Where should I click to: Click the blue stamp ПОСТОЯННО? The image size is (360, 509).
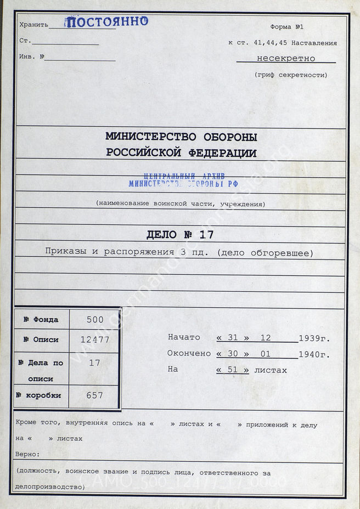tap(106, 22)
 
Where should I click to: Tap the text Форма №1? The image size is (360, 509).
tap(286, 27)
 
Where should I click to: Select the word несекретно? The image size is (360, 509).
tap(286, 58)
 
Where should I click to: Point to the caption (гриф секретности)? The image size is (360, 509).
tap(291, 75)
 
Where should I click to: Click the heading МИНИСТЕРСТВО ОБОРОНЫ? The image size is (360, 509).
tap(181, 137)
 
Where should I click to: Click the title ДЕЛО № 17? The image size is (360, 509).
tap(180, 235)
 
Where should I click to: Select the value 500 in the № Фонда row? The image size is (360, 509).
tap(94, 319)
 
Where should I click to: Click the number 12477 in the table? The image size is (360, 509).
tap(94, 340)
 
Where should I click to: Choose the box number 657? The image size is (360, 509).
tap(94, 395)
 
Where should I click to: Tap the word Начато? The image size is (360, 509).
tap(184, 337)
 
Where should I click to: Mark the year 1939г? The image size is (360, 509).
tap(314, 338)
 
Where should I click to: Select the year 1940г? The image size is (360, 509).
tap(314, 354)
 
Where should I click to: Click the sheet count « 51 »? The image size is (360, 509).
tap(232, 370)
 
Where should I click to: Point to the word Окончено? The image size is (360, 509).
tap(189, 354)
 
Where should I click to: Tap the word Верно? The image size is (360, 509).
tap(27, 455)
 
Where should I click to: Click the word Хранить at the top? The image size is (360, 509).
tap(33, 25)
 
